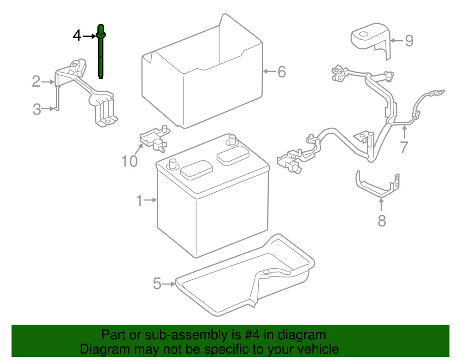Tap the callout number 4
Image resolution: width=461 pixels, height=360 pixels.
click(77, 35)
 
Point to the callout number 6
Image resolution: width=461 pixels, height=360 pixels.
click(281, 71)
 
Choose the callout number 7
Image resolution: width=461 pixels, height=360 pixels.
click(404, 147)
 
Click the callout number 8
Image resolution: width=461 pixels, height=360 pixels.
click(381, 221)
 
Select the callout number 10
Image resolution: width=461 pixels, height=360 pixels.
click(130, 161)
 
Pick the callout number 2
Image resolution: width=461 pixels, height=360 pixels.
click(36, 82)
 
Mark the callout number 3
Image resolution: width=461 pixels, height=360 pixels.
click(37, 109)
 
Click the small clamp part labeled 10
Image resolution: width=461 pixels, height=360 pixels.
click(154, 138)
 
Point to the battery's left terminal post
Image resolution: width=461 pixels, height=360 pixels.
click(173, 163)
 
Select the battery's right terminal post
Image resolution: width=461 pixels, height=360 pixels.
click(231, 139)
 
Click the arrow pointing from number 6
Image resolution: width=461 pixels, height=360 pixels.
click(268, 71)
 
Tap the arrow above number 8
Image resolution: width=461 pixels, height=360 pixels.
click(381, 205)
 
